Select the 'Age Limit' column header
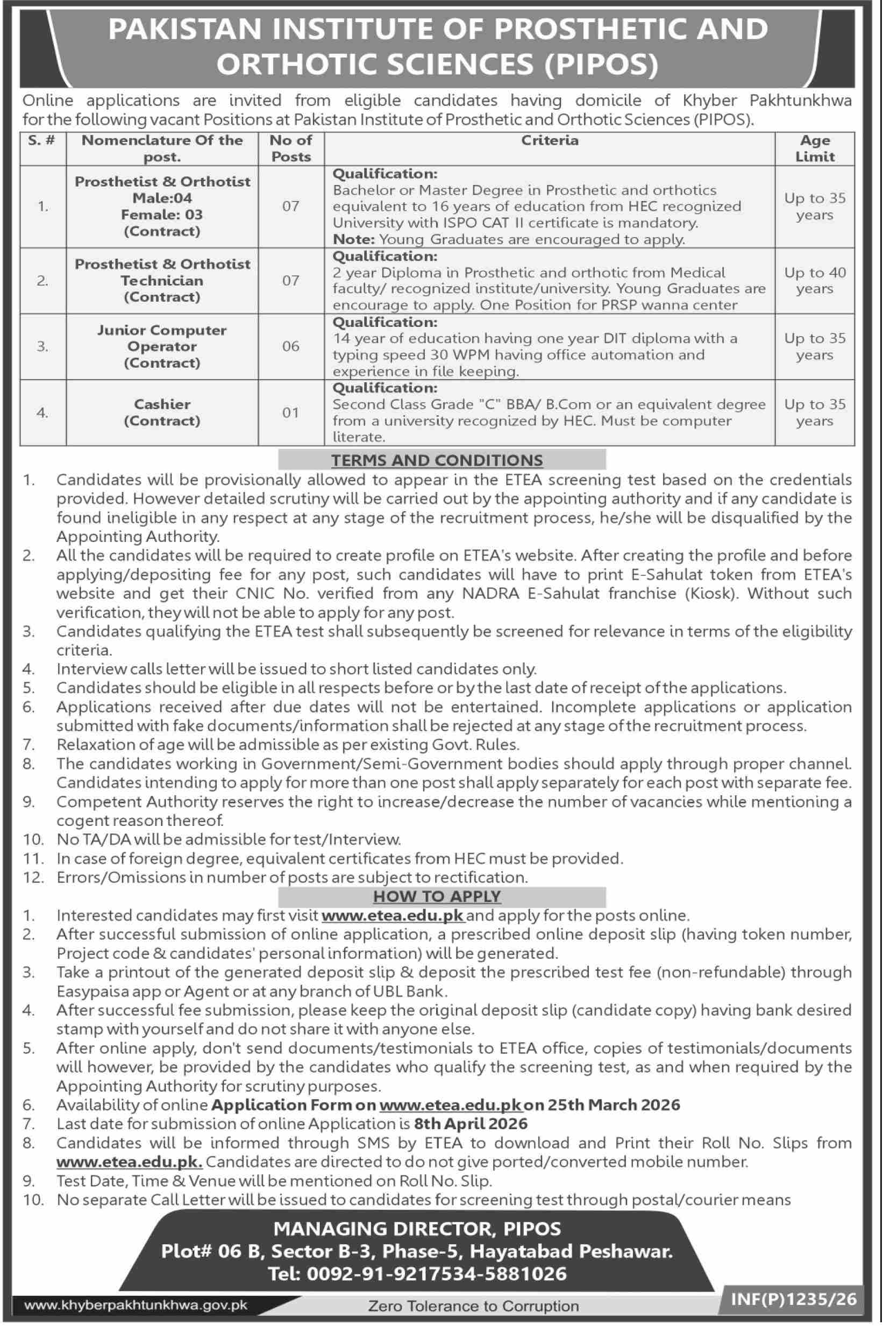pos(814,148)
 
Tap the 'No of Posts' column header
pos(290,148)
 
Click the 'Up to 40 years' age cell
pos(814,280)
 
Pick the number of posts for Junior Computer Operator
pos(290,346)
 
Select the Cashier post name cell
pos(162,412)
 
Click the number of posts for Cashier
pos(290,413)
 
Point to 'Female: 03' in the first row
pos(162,215)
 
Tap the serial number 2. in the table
pos(43,280)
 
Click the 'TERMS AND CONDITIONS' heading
pos(437,460)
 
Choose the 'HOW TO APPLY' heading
pos(437,896)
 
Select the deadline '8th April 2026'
pos(471,1124)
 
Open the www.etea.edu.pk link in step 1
pos(393,916)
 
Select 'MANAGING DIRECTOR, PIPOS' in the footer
pos(417,1228)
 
